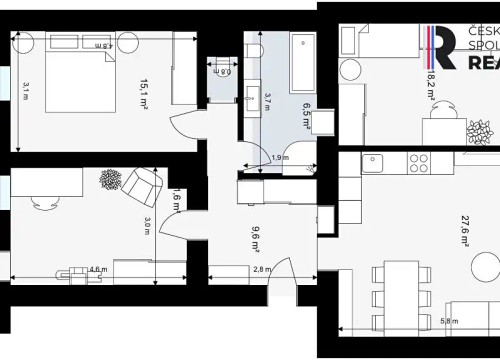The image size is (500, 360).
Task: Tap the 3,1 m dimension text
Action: coord(26,89)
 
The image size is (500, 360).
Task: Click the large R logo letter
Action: coord(444,48)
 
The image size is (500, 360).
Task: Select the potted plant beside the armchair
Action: coord(109,179)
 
